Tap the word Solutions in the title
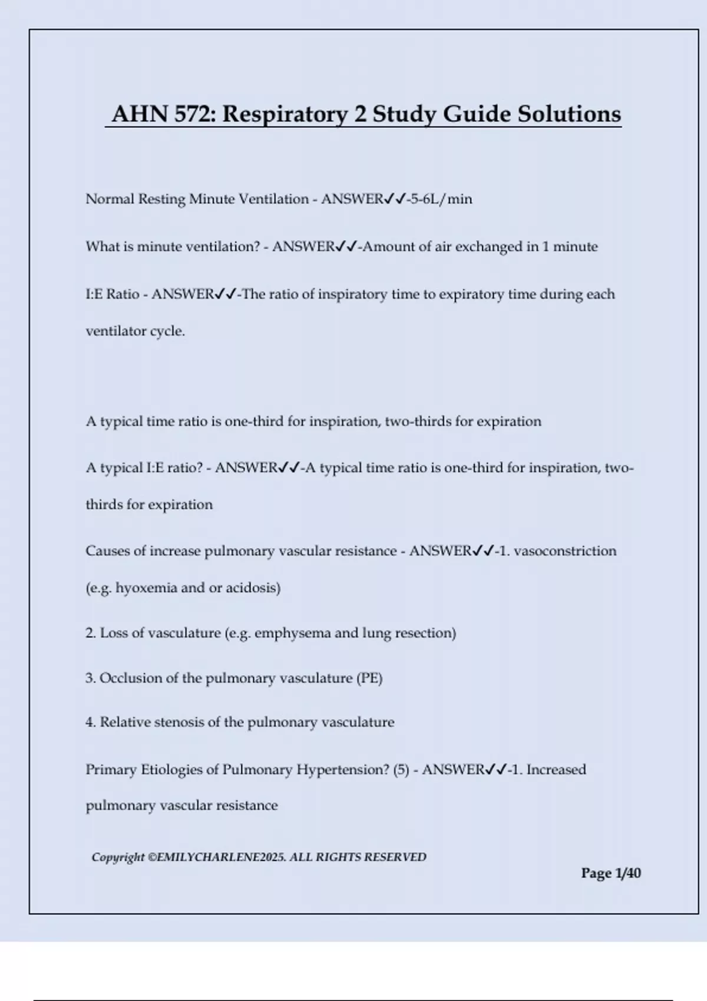(x=569, y=114)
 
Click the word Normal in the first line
(x=110, y=199)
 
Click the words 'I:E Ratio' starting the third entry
(x=113, y=294)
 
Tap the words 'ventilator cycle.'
(x=136, y=331)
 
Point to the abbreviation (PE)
(x=369, y=678)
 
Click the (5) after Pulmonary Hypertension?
(x=401, y=770)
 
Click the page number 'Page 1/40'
(x=610, y=873)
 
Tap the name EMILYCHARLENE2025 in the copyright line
(x=221, y=857)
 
